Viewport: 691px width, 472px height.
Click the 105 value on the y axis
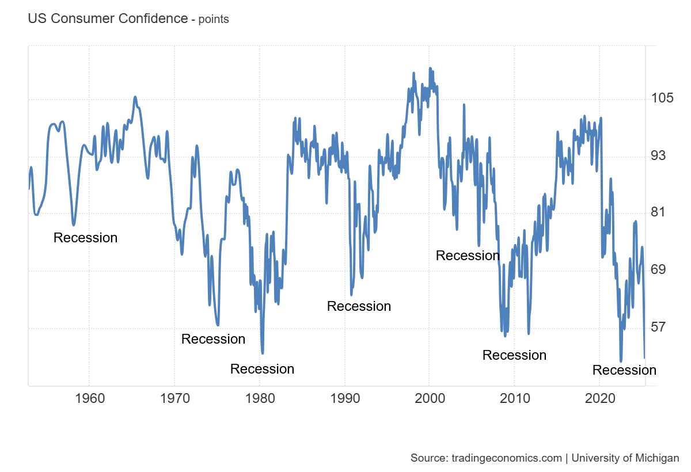point(663,98)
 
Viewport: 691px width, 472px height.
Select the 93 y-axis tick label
point(660,155)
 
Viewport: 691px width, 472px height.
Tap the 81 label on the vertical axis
point(660,212)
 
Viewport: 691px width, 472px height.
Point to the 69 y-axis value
point(660,269)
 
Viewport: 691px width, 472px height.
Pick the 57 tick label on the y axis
point(660,327)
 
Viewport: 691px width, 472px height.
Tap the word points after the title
point(214,19)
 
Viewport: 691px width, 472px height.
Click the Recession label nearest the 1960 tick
point(85,238)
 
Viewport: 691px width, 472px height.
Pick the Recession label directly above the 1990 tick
point(359,306)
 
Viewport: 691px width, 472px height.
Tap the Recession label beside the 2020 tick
point(624,370)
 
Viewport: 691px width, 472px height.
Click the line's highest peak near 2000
point(430,68)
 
